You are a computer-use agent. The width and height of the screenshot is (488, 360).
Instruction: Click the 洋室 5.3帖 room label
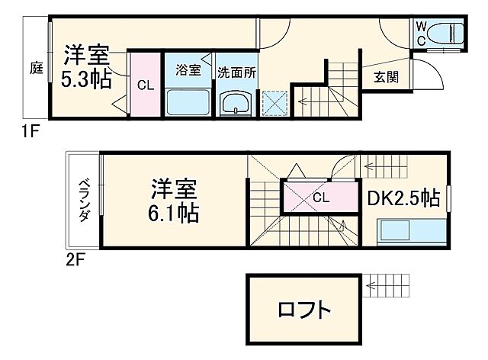(86, 67)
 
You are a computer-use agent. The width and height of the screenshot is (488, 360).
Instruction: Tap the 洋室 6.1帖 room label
(175, 200)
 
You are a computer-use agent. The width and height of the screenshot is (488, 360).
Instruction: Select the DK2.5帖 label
(404, 198)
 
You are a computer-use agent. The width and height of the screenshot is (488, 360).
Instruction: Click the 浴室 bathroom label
(188, 70)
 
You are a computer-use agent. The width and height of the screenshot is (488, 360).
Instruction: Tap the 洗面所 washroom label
(236, 70)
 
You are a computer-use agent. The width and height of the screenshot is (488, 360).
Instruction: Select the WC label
(421, 33)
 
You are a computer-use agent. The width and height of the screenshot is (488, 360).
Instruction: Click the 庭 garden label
(36, 68)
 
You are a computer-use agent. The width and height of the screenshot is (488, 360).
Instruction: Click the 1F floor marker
(30, 131)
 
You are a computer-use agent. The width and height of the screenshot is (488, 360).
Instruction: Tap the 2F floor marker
(73, 259)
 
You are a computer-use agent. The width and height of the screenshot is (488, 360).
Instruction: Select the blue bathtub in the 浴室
(188, 101)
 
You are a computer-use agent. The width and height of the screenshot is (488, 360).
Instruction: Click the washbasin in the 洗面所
(236, 104)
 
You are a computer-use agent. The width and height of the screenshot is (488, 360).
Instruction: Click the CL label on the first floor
(145, 85)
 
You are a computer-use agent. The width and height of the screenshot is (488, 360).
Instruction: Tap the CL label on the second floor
(320, 198)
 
